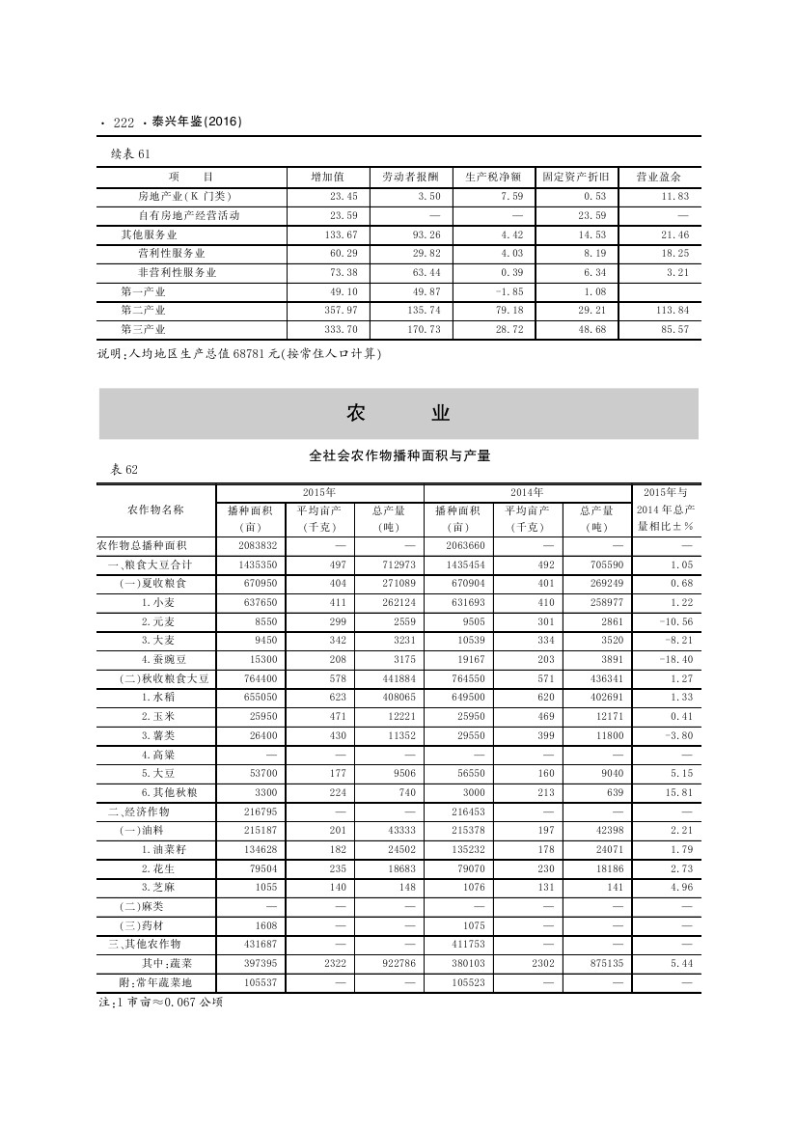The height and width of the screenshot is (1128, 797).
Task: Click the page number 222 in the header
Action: point(123,123)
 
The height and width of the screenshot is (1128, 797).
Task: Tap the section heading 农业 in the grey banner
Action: point(398,414)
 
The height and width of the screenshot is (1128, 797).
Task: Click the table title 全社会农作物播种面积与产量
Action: point(399,455)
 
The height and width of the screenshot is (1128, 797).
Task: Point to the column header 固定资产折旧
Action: point(575,178)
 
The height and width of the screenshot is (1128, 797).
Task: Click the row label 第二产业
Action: point(143,311)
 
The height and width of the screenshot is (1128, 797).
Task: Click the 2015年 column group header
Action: point(319,492)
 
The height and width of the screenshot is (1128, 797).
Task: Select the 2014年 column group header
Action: point(528,492)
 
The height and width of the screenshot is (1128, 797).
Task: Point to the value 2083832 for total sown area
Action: point(251,545)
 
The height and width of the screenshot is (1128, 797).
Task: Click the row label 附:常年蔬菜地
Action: point(154,982)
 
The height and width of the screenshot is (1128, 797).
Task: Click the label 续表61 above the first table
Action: point(130,153)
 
